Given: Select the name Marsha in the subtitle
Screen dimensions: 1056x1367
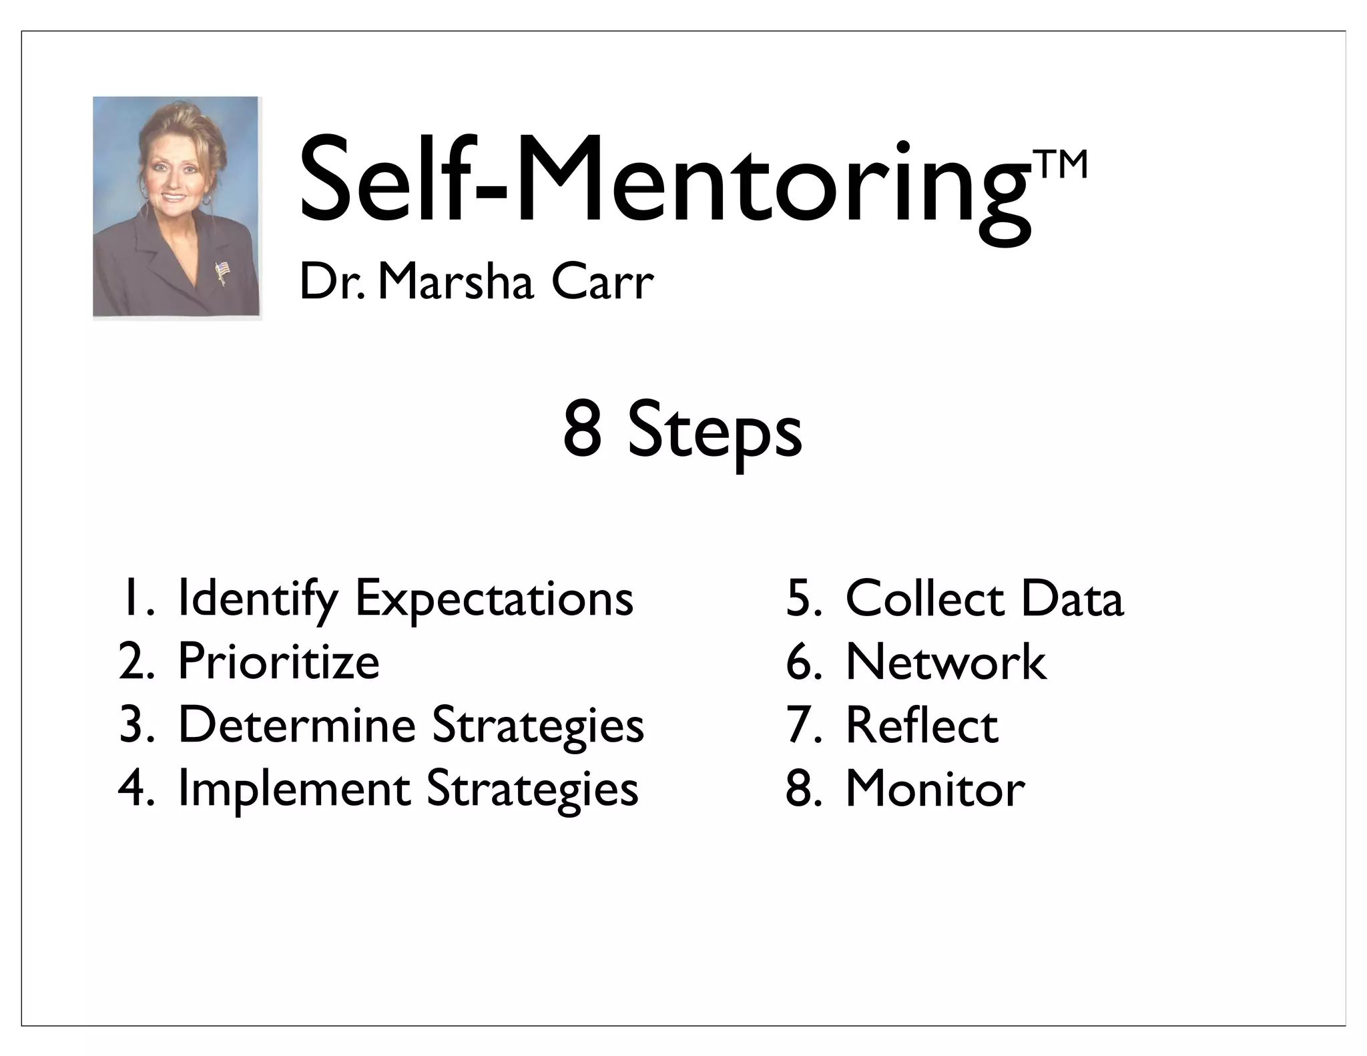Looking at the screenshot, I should point(456,282).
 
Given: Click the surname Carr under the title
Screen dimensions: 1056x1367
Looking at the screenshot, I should point(602,282).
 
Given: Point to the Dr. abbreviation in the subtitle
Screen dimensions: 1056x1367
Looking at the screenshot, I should point(332,282).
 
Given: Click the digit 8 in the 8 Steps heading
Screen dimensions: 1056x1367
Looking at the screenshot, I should point(582,430).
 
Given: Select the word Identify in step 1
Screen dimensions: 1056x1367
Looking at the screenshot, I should point(258,599).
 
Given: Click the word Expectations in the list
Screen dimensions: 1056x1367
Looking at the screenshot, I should point(494,599).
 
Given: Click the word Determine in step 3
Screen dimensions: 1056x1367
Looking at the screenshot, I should point(297,725).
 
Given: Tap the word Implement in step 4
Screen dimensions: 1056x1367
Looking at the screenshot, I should point(294,788).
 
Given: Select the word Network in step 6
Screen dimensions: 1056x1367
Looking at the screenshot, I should point(946,662).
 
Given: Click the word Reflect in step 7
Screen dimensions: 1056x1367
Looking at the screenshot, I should point(922,725).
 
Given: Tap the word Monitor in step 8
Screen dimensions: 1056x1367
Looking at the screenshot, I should point(935,788).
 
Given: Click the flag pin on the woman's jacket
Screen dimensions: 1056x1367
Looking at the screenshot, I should point(221,271).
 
